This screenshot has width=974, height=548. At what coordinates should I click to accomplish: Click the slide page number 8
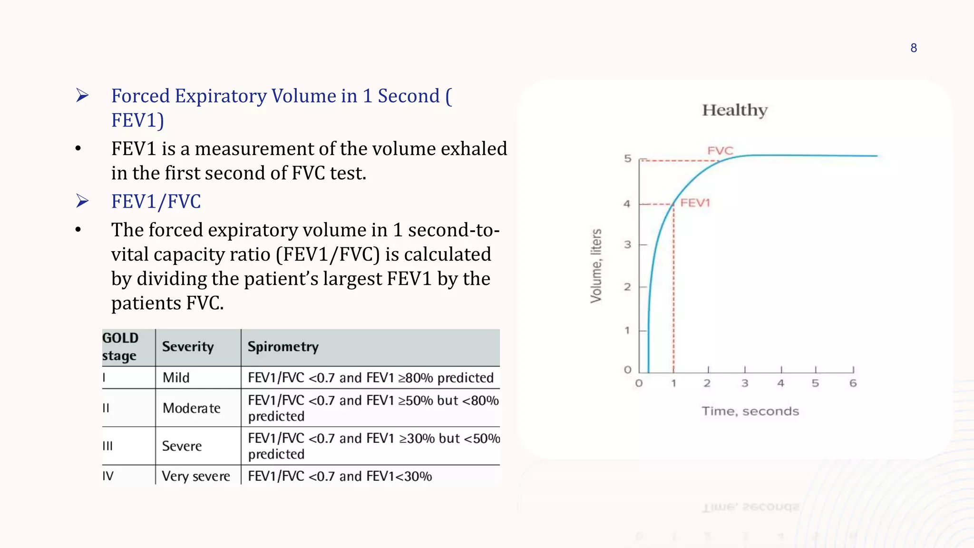[914, 48]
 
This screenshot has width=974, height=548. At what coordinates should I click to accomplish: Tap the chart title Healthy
[735, 110]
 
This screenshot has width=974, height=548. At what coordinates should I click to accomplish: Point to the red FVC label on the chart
[720, 151]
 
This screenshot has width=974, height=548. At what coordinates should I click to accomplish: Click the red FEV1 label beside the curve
[695, 203]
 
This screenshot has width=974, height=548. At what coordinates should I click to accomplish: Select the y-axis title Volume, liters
[596, 266]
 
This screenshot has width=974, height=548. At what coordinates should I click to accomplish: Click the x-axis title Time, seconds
[750, 411]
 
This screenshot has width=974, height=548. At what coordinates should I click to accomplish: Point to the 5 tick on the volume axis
[628, 158]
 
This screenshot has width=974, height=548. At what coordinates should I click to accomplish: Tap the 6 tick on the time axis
[853, 383]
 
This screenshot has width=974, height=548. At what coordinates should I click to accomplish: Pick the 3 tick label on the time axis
[745, 383]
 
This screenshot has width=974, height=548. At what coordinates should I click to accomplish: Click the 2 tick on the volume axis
[628, 287]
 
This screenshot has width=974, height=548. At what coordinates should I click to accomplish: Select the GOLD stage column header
[120, 347]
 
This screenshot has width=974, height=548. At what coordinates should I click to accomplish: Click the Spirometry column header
[283, 347]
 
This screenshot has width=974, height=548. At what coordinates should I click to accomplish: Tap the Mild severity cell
[176, 378]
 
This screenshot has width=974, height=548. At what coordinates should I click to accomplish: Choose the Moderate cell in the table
[191, 408]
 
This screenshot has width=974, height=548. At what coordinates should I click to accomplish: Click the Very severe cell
[196, 476]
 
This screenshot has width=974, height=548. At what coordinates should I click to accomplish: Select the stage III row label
[108, 446]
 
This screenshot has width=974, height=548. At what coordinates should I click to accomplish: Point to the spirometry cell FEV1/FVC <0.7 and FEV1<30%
[340, 476]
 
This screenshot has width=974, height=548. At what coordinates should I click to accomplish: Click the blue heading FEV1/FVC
[156, 202]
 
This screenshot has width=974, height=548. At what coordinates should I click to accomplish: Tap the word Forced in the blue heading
[141, 96]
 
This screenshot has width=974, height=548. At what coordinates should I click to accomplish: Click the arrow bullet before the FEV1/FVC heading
[82, 201]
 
